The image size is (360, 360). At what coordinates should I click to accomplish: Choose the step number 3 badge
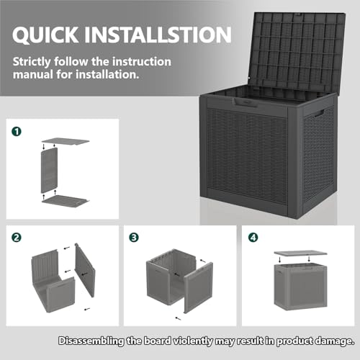134,236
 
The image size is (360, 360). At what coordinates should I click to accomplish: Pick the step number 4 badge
253,236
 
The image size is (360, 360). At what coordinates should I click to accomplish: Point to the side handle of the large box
318,114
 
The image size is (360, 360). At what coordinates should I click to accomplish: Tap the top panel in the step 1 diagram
66,141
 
